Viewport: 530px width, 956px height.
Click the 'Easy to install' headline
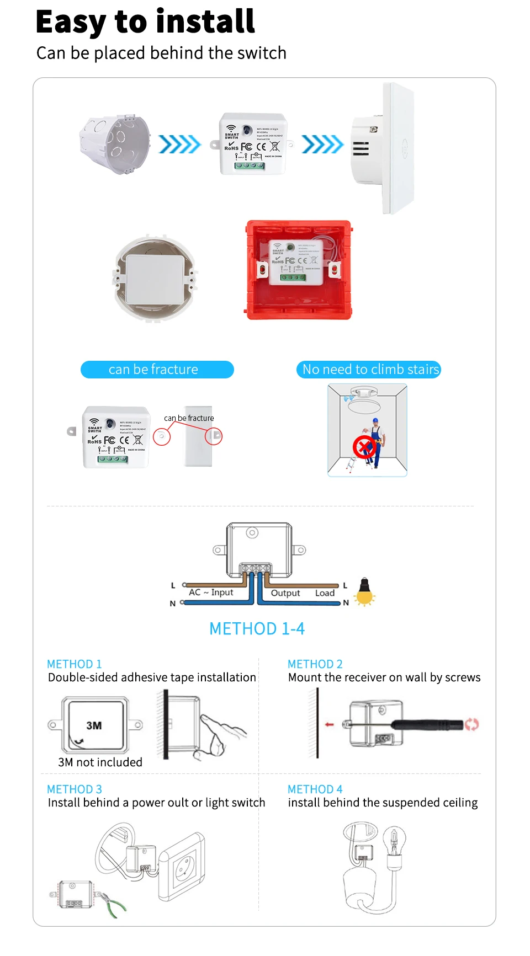(145, 22)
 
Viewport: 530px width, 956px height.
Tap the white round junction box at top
(114, 145)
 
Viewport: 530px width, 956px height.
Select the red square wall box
(299, 270)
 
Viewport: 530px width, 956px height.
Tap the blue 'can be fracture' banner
(157, 370)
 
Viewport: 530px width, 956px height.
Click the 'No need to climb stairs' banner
(369, 370)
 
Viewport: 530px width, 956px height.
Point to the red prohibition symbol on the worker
(364, 446)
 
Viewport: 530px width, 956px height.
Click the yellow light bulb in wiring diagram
(364, 592)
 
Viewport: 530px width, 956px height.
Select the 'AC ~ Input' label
(211, 592)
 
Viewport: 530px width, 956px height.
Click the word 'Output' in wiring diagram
(285, 593)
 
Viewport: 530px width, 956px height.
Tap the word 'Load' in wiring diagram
(325, 593)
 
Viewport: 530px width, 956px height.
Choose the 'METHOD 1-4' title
(257, 629)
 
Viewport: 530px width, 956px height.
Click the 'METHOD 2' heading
(315, 664)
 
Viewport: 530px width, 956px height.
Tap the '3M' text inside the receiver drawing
(94, 725)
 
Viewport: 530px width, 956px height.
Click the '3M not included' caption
(100, 762)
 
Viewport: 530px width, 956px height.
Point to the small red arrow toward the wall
(330, 724)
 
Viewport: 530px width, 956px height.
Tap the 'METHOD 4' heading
(315, 789)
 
